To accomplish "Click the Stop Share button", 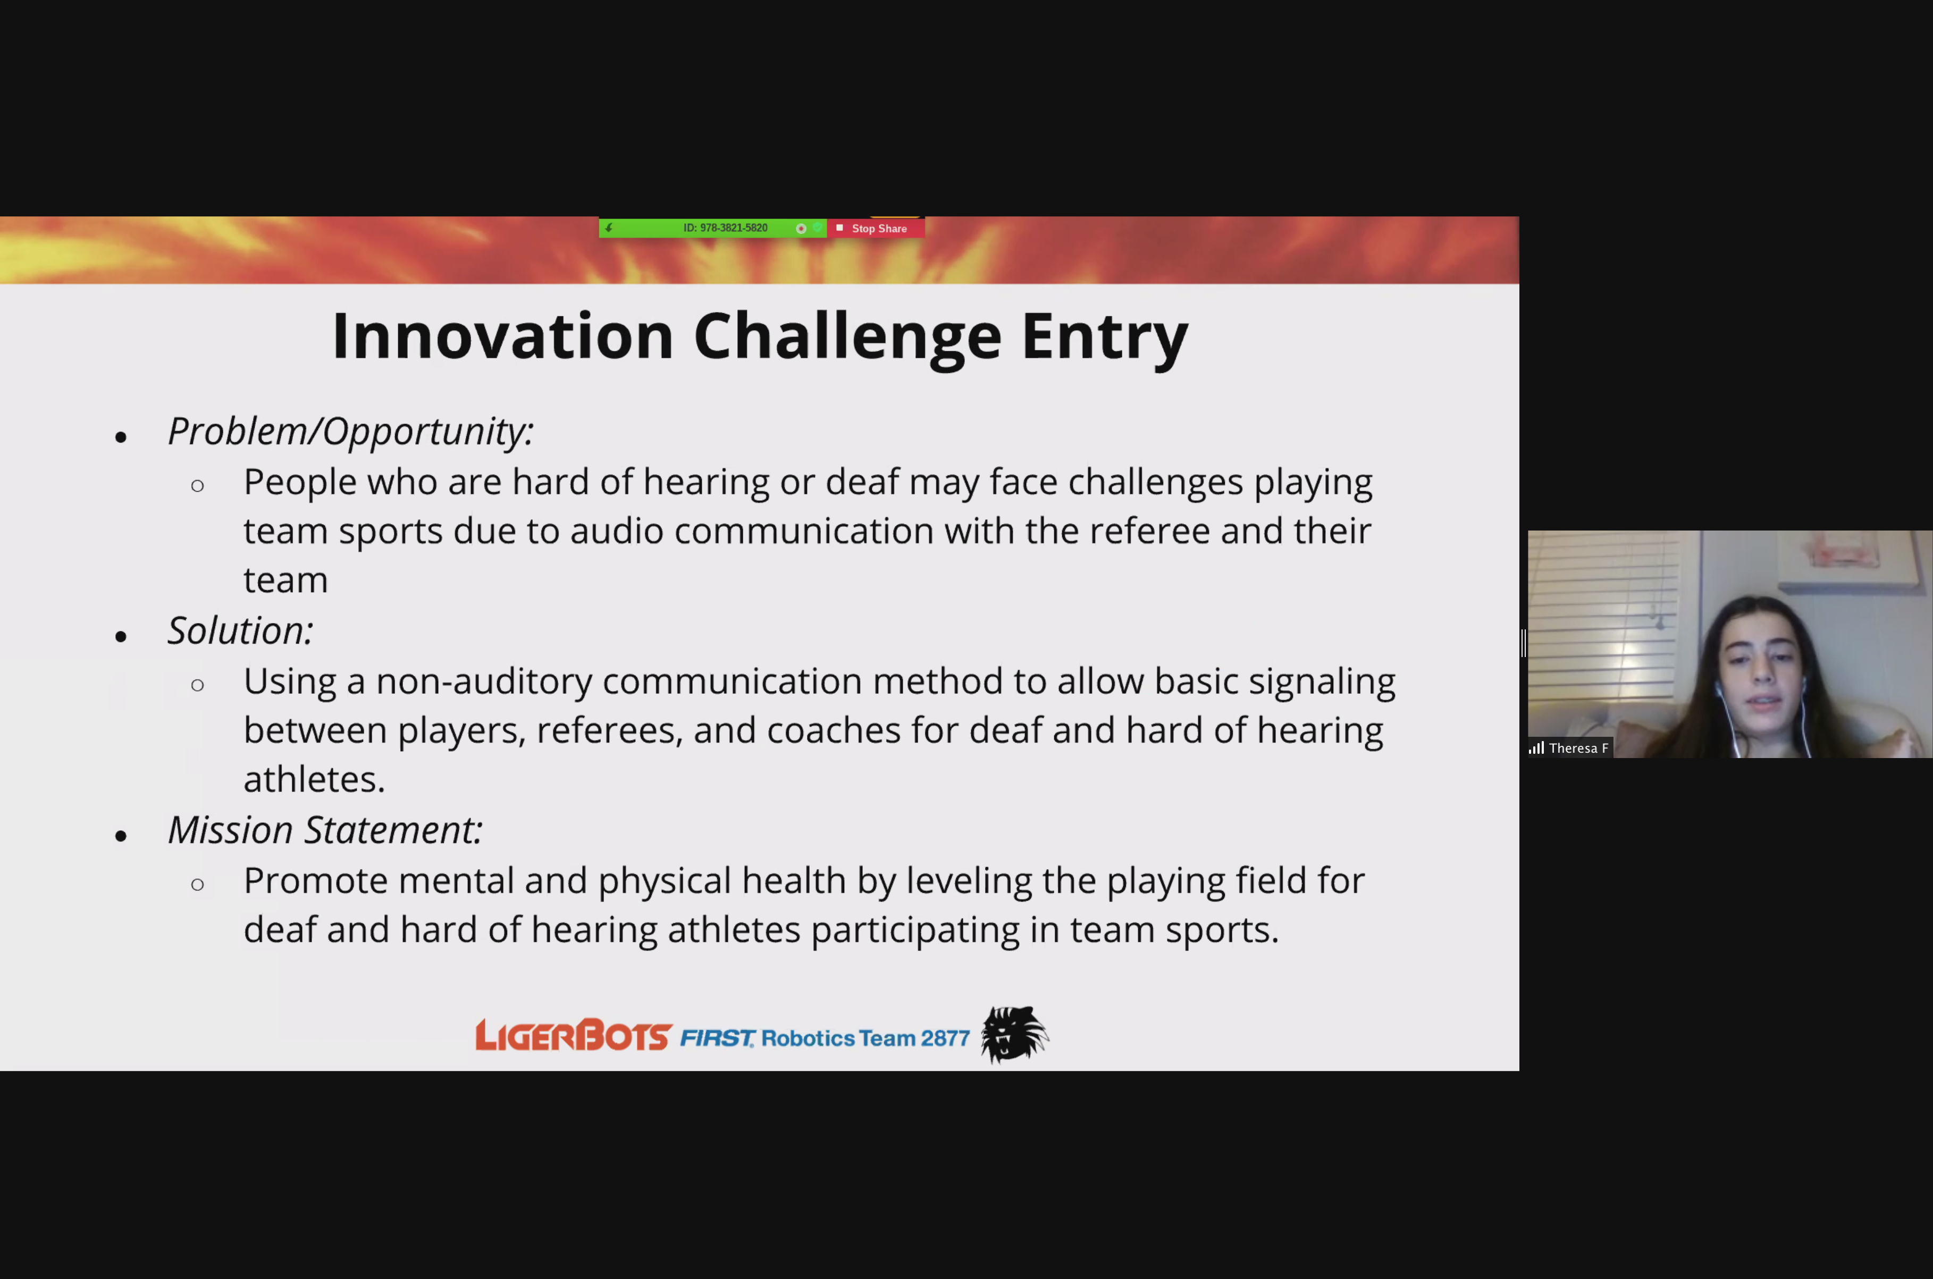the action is click(875, 229).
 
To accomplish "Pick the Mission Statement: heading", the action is click(325, 830).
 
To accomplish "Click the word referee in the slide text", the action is click(1149, 531).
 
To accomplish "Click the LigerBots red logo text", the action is click(574, 1035).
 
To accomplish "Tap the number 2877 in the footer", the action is click(945, 1038).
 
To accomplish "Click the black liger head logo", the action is click(1015, 1034).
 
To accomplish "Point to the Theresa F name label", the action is click(1578, 748).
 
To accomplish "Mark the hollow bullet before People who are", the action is click(197, 487).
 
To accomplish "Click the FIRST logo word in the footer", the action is click(717, 1038).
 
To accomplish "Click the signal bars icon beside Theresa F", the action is click(1536, 748).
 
